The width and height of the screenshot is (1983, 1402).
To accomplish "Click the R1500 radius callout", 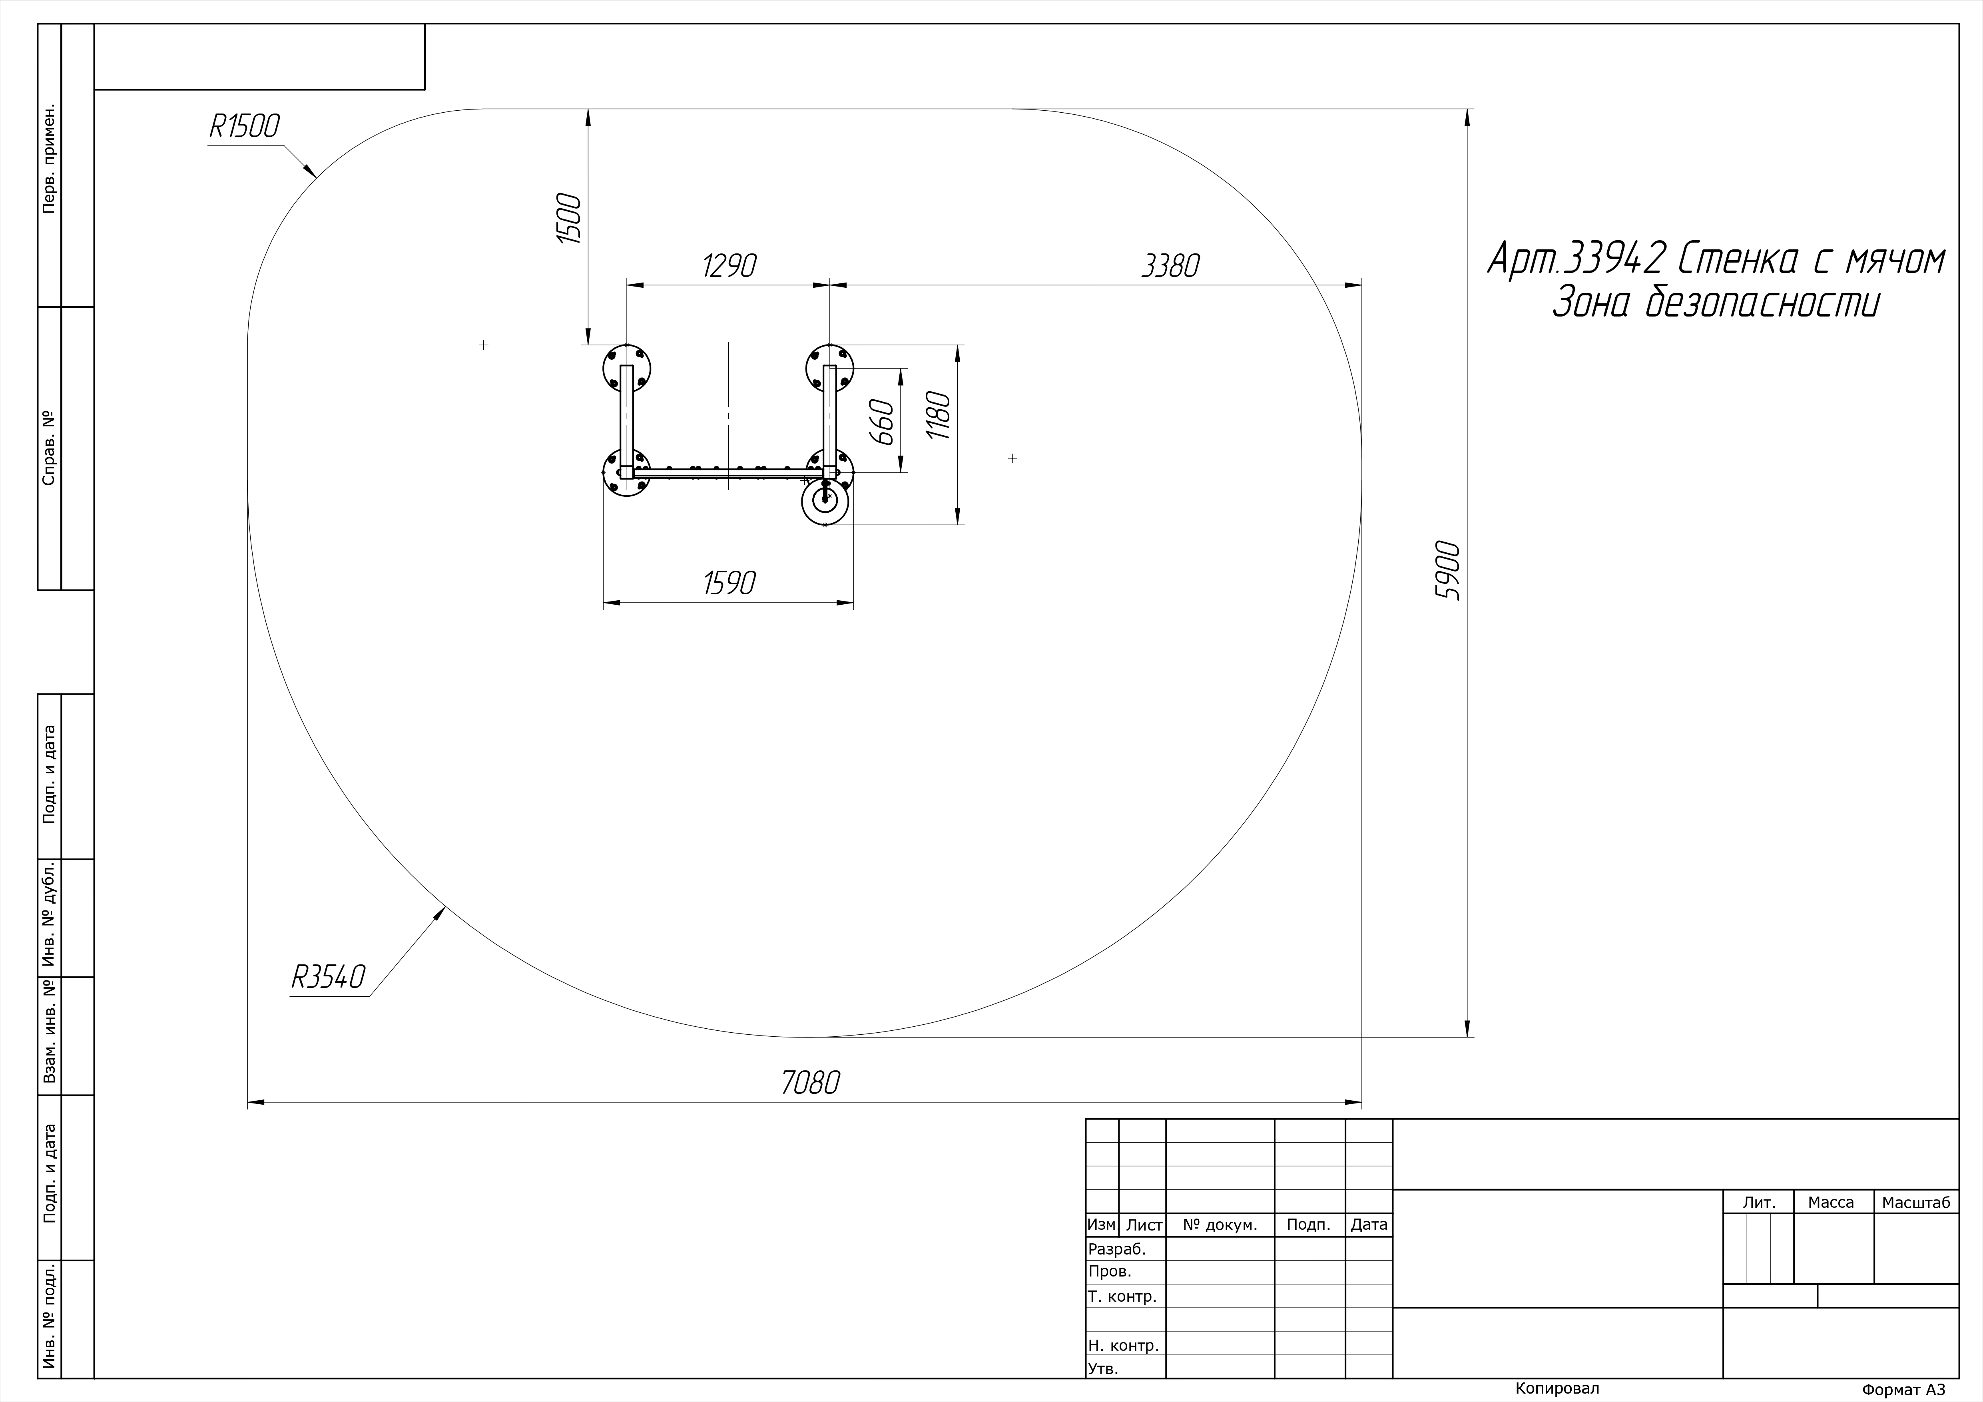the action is (244, 126).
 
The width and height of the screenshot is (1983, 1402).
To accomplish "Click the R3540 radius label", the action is (328, 977).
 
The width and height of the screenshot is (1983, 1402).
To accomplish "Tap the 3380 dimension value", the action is (1170, 266).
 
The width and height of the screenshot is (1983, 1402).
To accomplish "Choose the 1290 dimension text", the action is (730, 266).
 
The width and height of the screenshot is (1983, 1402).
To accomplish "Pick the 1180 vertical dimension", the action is (938, 416).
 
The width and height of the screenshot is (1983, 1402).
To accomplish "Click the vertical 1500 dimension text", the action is (568, 219).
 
